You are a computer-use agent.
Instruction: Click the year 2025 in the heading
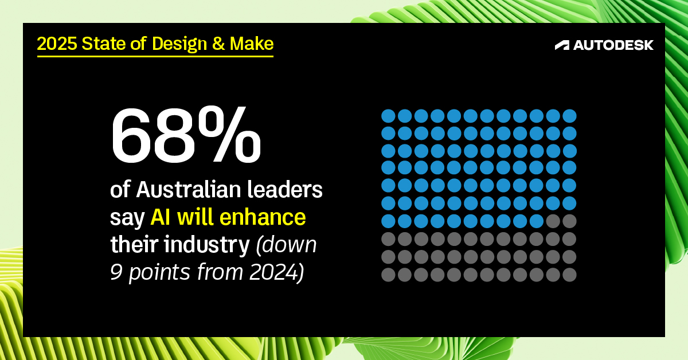pos(56,44)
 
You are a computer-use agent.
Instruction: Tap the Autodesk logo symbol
pos(562,45)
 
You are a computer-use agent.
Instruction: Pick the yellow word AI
pos(162,218)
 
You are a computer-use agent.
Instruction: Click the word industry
pos(213,245)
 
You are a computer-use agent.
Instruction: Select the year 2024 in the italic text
pos(273,272)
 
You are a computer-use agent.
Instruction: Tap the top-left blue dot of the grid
pos(388,116)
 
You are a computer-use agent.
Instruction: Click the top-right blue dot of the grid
pos(569,116)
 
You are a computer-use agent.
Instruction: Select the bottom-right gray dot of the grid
pos(569,275)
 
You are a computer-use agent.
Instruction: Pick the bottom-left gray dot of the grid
pos(388,275)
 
